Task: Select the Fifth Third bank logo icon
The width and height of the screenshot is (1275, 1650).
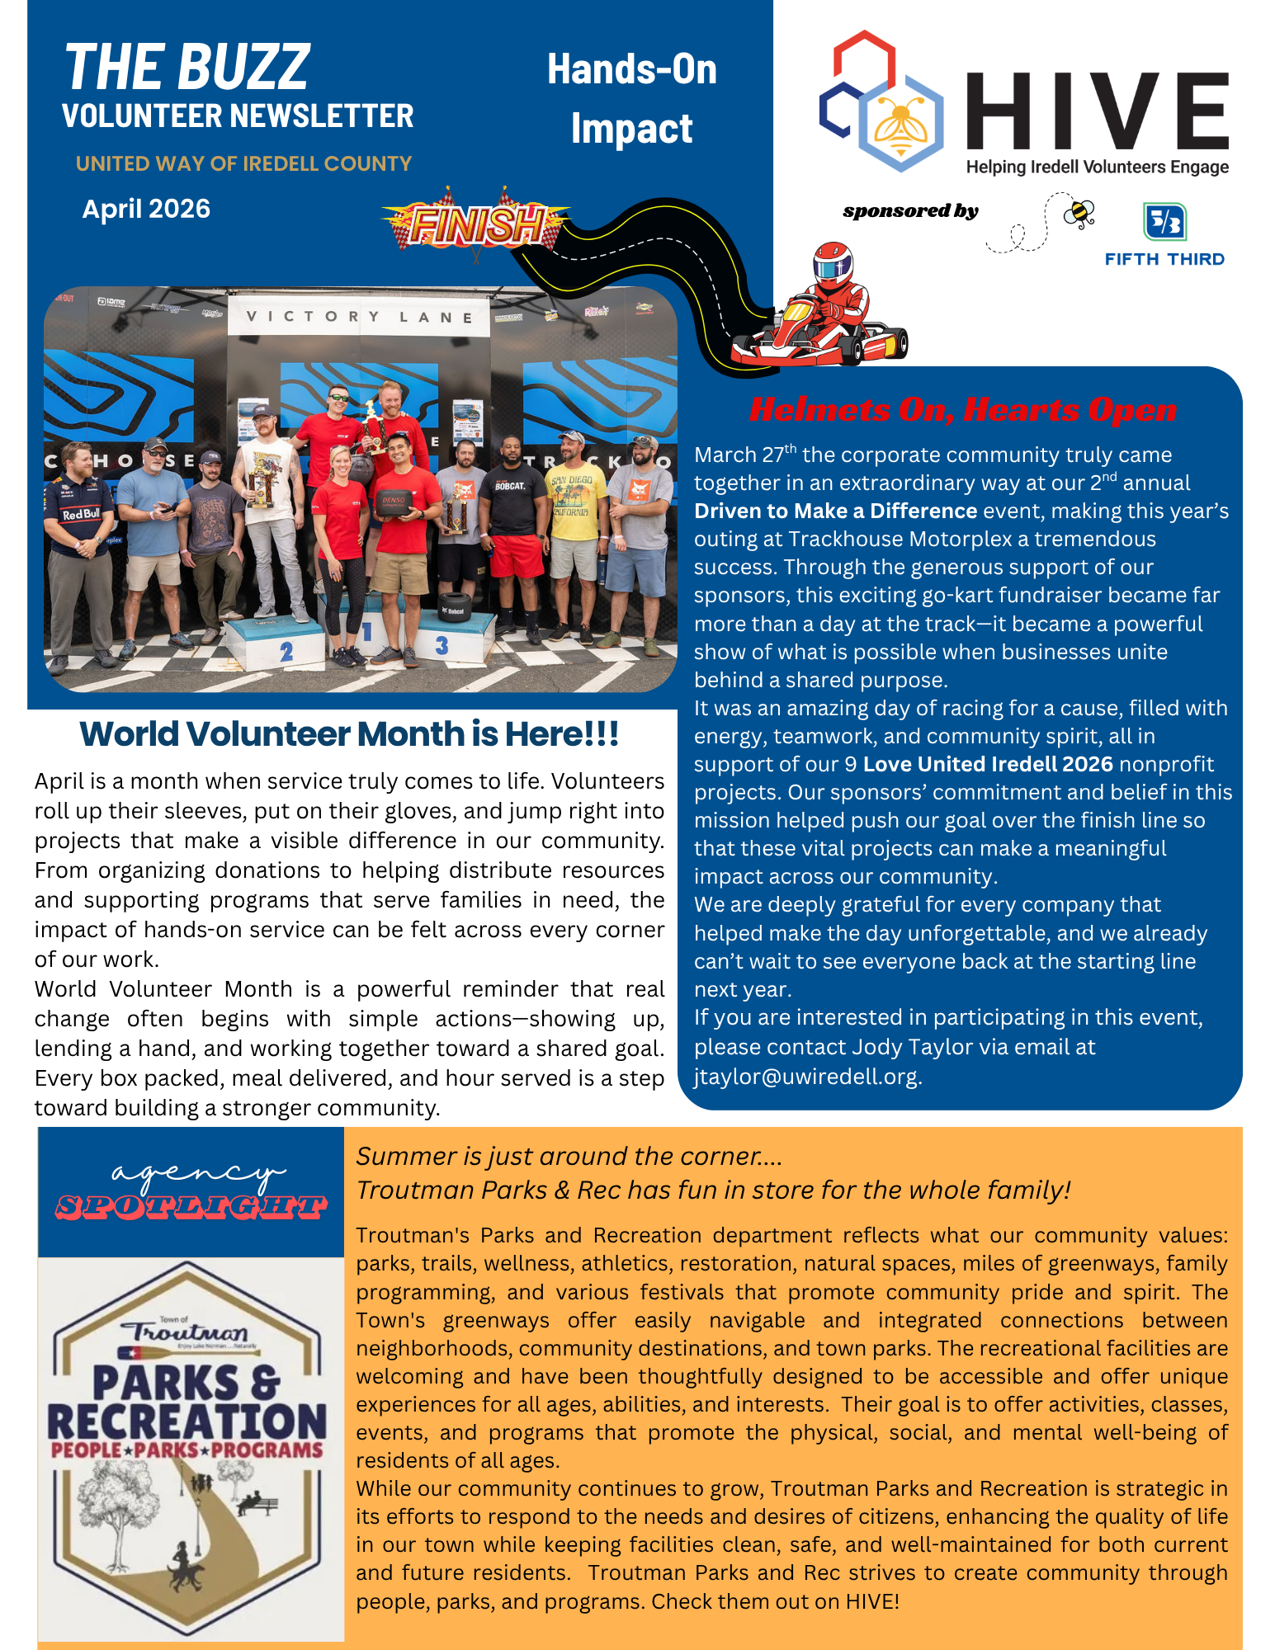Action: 1164,221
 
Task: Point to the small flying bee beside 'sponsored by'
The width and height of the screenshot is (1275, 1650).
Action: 1079,213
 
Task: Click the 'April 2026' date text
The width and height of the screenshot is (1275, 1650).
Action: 146,209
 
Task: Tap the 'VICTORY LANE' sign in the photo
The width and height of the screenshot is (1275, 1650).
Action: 359,317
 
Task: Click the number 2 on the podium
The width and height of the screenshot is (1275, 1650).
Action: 286,652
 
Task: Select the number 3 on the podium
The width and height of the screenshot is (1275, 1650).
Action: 442,644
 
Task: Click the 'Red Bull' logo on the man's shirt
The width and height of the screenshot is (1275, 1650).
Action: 81,514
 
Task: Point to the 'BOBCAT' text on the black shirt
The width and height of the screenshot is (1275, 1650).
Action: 510,486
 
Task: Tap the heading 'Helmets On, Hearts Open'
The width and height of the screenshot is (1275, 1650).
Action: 963,409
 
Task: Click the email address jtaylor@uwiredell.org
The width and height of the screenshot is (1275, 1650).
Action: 806,1077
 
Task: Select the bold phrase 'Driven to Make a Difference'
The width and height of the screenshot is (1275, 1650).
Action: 835,511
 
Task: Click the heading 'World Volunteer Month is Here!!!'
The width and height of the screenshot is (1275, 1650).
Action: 349,733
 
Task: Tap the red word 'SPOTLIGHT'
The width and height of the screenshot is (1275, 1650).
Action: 191,1208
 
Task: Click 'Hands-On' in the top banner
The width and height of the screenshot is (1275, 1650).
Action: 631,69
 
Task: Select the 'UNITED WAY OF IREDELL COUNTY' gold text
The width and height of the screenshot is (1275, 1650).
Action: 243,163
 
